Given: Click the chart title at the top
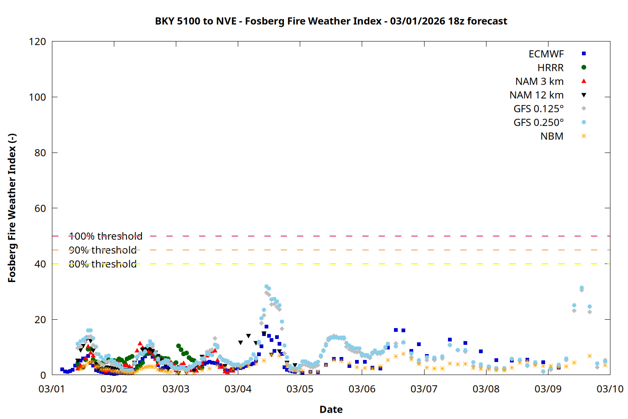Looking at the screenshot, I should tap(331, 21).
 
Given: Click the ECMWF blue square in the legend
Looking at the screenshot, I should tap(584, 54).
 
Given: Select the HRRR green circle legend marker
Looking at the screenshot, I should tap(584, 67).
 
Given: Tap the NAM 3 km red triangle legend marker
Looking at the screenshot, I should tap(584, 81).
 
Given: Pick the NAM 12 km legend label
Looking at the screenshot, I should tap(536, 95).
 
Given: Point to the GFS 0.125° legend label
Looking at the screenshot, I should tap(538, 109).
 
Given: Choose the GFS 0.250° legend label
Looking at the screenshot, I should tap(538, 123).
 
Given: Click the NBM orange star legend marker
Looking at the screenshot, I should tap(584, 136).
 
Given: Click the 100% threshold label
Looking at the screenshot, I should tap(106, 236).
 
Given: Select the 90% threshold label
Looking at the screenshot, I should tap(103, 250).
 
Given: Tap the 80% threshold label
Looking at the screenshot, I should tap(103, 264).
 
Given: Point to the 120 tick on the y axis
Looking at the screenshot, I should tap(37, 41).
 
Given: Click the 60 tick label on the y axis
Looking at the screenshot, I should tap(40, 208).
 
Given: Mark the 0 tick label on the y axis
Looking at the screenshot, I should tap(43, 375).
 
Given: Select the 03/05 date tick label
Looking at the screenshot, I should tap(300, 389).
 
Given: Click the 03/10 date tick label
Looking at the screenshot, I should tap(610, 389).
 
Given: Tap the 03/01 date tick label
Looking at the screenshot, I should tap(52, 389).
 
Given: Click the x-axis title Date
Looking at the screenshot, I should tap(331, 409).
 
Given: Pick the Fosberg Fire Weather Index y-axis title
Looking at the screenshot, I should tap(12, 208).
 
